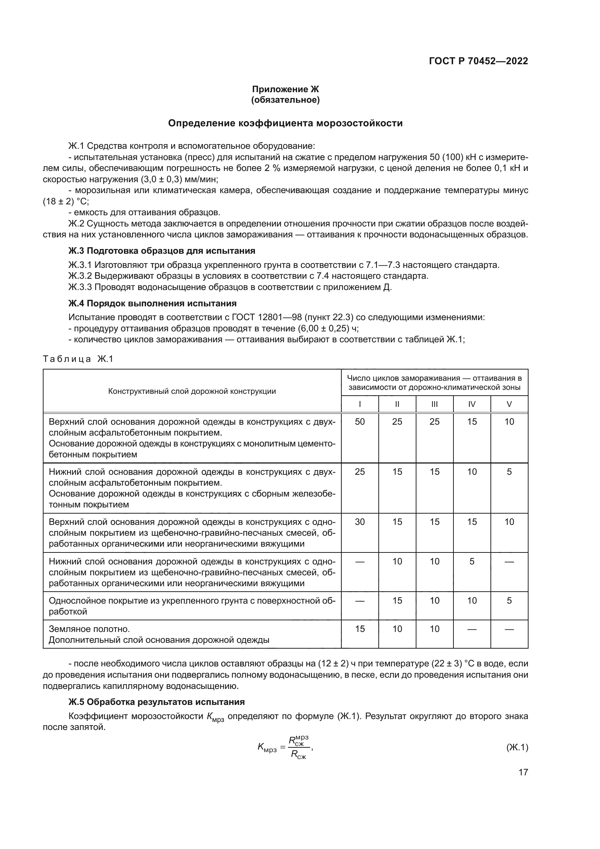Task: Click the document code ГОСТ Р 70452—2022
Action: point(478,61)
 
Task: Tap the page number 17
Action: point(523,772)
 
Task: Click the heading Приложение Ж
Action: point(285,89)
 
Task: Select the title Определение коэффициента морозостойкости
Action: point(285,123)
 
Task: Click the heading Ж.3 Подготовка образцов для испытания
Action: point(162,251)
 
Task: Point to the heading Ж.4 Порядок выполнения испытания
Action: point(152,303)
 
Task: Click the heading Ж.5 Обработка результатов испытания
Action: point(157,702)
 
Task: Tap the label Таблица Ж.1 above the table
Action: point(78,359)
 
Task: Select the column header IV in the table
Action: point(472,404)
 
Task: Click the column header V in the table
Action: point(509,404)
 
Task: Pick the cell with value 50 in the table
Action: point(359,421)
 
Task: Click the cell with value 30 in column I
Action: point(359,522)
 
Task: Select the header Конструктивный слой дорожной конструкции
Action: point(192,391)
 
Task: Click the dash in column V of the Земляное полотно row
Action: point(509,629)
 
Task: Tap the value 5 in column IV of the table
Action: point(472,561)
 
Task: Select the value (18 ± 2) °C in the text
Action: point(66,201)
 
